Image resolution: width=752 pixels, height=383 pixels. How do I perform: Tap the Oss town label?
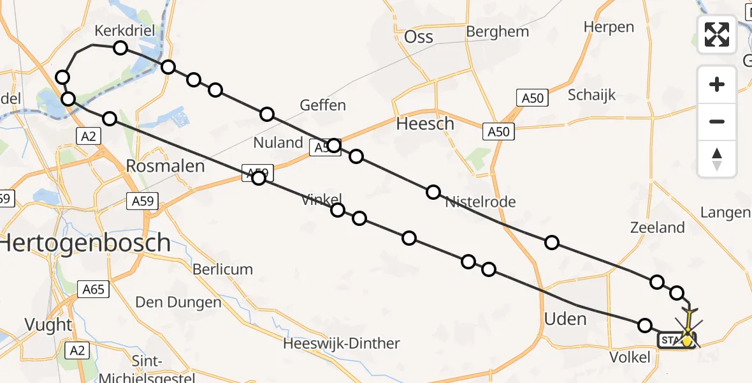coord(419,37)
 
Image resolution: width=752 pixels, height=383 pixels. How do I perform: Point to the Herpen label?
coord(609,27)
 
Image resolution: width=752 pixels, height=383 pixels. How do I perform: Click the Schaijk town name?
coord(591,95)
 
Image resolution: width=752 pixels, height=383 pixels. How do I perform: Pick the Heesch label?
coord(425,124)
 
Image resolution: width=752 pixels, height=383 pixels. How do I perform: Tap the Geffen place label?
coord(323,105)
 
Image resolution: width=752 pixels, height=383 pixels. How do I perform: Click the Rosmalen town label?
coord(165,167)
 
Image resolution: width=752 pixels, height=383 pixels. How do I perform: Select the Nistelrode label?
coord(480,202)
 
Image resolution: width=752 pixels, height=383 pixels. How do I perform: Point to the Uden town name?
coord(565,319)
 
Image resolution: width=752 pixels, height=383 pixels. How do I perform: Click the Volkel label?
coord(630,357)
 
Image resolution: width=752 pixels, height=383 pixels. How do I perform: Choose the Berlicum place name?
coord(223,269)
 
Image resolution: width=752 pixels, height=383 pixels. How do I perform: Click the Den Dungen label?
coord(179,301)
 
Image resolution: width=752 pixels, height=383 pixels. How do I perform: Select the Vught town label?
coord(48,324)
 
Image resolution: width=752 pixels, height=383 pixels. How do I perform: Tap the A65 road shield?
coord(93,289)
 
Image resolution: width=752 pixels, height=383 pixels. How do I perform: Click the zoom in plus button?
coord(717,84)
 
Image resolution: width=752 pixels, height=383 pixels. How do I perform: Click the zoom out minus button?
coord(717,121)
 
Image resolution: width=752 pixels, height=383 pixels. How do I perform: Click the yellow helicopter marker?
coord(687,340)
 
